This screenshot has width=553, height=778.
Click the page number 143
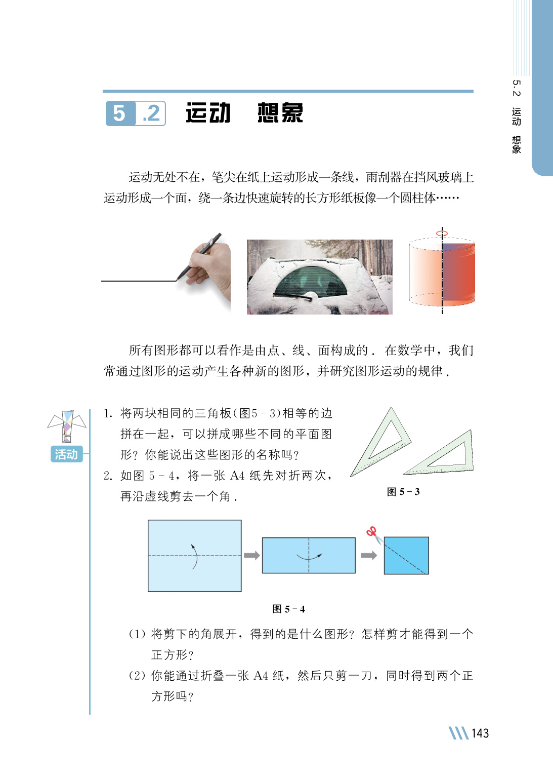click(480, 733)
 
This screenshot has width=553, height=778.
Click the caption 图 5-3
click(403, 492)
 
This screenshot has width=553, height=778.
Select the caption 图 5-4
click(288, 609)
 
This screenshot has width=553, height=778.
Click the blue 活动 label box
click(67, 454)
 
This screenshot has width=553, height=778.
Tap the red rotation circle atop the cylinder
click(442, 233)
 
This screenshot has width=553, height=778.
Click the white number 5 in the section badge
click(119, 113)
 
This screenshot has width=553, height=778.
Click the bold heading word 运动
click(208, 112)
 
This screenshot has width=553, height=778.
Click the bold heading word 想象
click(280, 112)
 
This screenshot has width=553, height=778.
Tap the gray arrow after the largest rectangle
click(252, 555)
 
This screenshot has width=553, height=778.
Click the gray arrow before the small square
click(369, 555)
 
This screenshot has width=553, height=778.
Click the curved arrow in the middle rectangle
click(309, 557)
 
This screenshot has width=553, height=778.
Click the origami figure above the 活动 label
click(67, 426)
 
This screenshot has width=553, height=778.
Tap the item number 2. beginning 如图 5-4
click(108, 476)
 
